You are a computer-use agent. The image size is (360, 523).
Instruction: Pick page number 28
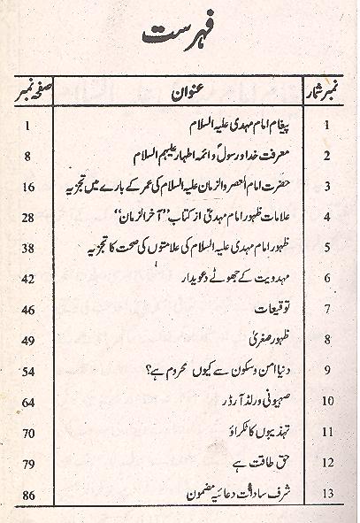click(x=28, y=218)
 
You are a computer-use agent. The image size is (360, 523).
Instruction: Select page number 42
click(x=28, y=279)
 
